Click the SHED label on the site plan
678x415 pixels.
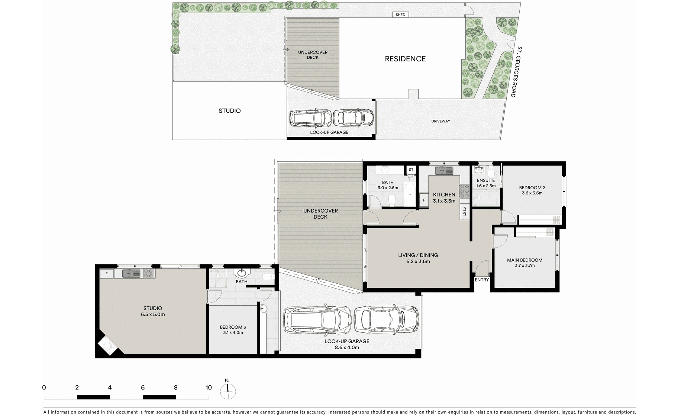point(400,15)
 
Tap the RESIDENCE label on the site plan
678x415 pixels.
point(405,59)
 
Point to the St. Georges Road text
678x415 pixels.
point(516,72)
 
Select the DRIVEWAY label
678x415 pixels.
point(440,121)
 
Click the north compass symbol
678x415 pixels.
point(228,389)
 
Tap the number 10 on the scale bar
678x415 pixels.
point(209,387)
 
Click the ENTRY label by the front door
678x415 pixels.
point(482,280)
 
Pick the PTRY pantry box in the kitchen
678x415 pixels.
point(464,212)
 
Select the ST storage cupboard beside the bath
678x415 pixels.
point(411,170)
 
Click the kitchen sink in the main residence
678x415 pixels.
point(444,171)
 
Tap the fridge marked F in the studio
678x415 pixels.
point(107,274)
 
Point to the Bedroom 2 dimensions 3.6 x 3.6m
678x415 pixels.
point(532,193)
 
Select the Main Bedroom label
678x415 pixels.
point(524,260)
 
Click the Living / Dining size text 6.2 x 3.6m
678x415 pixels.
point(418,261)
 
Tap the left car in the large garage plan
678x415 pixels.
point(317,319)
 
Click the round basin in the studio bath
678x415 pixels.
point(242,273)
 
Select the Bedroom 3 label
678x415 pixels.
point(233,327)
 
